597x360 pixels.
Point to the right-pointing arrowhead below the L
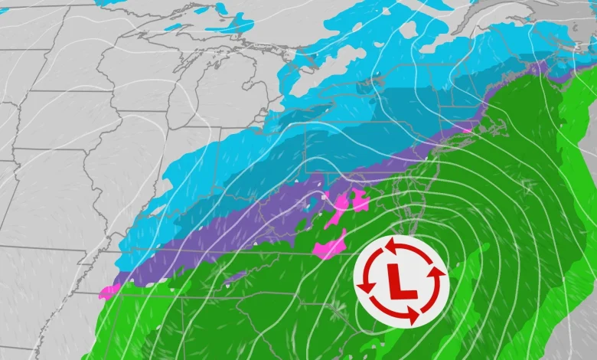click(413, 315)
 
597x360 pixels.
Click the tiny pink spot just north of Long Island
click(467, 129)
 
